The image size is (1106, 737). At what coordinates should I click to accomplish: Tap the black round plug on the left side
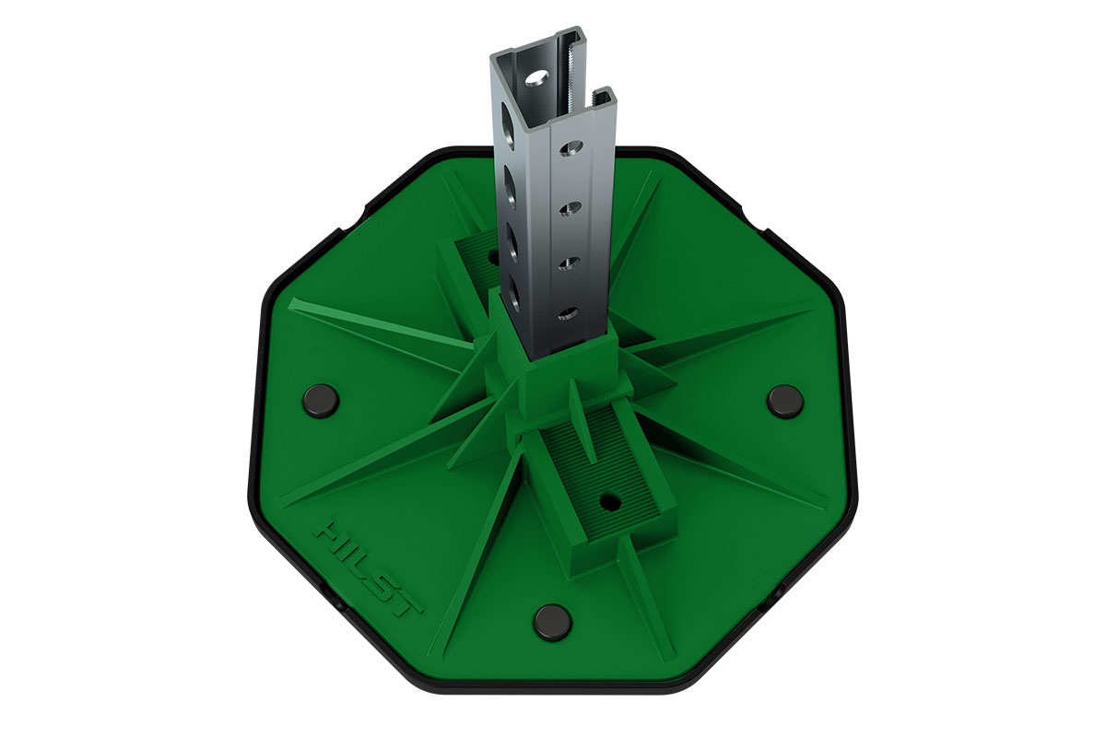(321, 401)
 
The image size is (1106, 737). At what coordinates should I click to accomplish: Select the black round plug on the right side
(785, 402)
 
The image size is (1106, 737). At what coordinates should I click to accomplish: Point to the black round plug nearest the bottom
(554, 623)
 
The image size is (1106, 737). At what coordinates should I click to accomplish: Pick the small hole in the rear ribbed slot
(493, 257)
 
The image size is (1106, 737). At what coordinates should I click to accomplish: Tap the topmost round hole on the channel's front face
(571, 147)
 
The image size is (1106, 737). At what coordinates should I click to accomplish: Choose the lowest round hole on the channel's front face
(569, 313)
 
